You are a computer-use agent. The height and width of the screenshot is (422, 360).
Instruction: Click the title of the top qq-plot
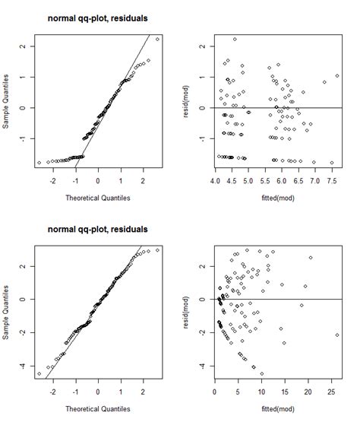point(97,16)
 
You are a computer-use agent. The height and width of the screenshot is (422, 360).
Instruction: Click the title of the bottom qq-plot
point(97,229)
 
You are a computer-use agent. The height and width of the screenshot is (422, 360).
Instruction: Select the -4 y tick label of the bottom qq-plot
point(25,366)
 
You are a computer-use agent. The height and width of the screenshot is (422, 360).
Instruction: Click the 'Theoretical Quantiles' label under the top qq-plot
point(97,200)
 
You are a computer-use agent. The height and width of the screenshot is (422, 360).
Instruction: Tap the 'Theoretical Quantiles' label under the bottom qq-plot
point(97,412)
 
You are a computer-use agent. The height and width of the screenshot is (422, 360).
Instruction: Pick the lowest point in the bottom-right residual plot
point(262,373)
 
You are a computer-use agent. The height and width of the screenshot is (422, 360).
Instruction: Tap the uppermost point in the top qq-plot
point(157,39)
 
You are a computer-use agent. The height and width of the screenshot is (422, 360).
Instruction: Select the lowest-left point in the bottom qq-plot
point(39,373)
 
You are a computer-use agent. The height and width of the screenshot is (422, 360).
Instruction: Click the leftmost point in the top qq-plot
point(39,163)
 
